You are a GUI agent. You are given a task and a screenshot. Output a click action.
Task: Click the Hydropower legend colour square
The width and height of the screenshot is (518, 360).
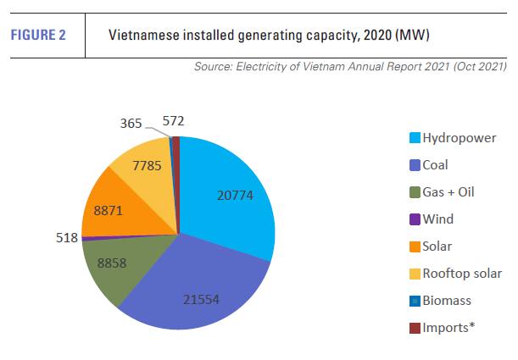(x=414, y=138)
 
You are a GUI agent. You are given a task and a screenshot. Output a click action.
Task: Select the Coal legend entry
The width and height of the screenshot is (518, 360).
(x=435, y=165)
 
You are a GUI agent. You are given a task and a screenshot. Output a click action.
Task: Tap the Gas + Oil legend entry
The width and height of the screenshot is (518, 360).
(x=448, y=192)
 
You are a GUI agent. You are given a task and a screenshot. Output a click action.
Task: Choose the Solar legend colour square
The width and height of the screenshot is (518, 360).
(x=414, y=246)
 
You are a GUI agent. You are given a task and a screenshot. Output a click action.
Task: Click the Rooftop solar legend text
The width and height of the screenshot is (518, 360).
(x=462, y=273)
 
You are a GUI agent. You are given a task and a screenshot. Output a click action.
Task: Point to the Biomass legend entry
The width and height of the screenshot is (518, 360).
(x=447, y=300)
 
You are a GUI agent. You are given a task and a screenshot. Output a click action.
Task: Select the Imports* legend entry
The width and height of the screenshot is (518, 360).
(x=447, y=327)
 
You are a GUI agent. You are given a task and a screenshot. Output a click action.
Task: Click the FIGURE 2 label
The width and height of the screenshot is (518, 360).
(x=38, y=36)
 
